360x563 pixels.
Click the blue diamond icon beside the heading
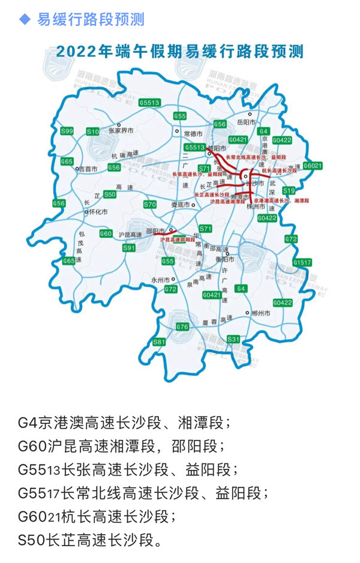coord(25,20)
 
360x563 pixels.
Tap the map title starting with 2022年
coord(180,52)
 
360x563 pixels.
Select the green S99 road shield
coord(67,131)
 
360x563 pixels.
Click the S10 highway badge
coord(92,131)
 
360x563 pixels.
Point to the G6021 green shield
coord(312,165)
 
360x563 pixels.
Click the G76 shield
coord(182,327)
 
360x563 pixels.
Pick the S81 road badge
coord(159,342)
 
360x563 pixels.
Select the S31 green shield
coord(233,339)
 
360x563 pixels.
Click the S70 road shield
coord(150,205)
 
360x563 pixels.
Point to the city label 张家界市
coord(122,129)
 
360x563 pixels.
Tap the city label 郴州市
coord(262,313)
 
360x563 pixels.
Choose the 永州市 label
coord(161,280)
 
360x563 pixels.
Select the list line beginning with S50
coord(90,540)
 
